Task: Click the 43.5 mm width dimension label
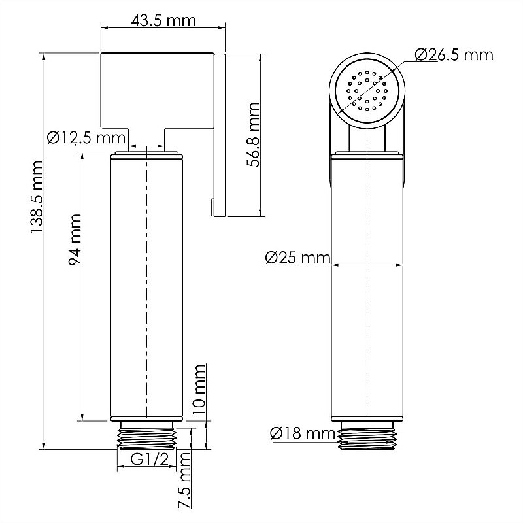163,21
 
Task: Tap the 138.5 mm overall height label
37,197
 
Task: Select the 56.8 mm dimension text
253,135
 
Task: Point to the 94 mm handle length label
75,240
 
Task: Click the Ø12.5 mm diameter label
86,137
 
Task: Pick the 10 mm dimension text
199,389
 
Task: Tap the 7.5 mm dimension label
184,480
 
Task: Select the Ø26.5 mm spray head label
454,55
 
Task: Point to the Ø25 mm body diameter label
297,258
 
